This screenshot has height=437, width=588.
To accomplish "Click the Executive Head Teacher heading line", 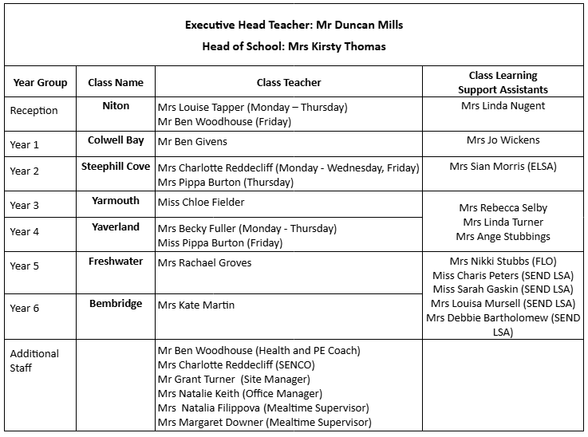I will pos(294,25).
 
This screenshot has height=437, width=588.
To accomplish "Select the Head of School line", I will pos(294,46).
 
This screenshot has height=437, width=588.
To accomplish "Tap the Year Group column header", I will pos(40,82).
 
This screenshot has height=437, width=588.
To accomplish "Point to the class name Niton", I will pos(116,105).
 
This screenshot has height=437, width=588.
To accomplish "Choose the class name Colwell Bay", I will pos(116,140).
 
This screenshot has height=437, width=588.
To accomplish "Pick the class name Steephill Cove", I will pos(116,167).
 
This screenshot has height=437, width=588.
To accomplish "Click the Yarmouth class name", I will pos(116,201).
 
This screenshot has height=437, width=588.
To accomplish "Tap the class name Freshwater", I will pos(116,261).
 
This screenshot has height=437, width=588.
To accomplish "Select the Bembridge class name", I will pos(116,304).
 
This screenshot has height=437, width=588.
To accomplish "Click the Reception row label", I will pos(34,111).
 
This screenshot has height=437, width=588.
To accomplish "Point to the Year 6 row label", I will pos(25,308).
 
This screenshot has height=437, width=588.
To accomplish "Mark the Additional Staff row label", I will pos(34,360).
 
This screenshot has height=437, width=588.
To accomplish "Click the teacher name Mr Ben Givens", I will pos(192,142).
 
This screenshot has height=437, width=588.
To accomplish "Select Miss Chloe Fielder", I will pos(201,203).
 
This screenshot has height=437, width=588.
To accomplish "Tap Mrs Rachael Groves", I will pos(204,262).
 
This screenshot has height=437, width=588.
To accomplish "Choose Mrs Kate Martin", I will pos(196,305).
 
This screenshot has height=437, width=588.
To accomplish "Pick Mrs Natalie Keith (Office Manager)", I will pos(239,394).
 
